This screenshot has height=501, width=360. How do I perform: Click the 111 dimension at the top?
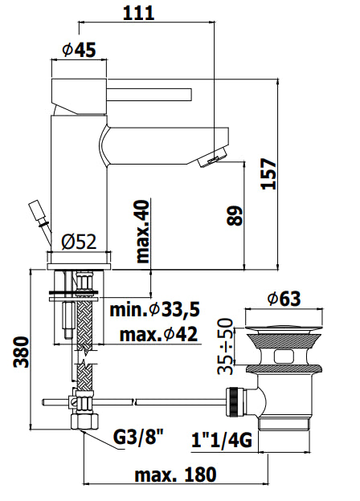point(138,14)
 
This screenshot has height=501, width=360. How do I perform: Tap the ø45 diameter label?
point(79,50)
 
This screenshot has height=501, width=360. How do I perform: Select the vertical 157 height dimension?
point(268,173)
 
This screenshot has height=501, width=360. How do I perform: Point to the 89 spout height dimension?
point(235,216)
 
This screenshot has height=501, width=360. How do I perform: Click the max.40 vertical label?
point(142,232)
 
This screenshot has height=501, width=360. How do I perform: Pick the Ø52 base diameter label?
point(79,242)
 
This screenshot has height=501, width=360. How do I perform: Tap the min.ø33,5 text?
point(155,309)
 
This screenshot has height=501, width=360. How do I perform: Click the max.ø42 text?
point(158,334)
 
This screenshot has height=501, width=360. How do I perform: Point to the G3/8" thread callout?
point(138,438)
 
